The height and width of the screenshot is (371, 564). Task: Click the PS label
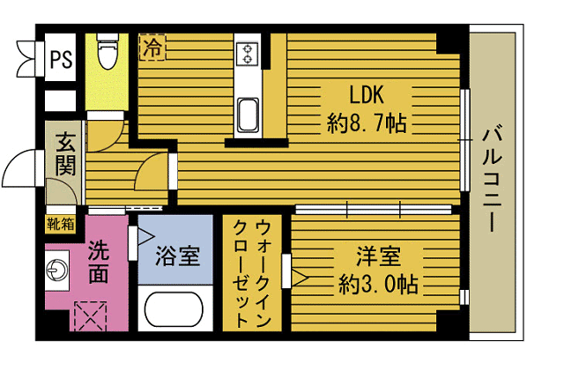click(x=61, y=59)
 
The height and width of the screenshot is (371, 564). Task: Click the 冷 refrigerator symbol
click(x=152, y=47)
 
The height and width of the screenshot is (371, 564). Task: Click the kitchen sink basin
click(x=248, y=114)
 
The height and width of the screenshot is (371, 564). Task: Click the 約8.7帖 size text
click(x=367, y=123)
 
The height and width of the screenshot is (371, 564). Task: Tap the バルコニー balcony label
click(x=493, y=181)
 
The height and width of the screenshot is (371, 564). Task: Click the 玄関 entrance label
click(x=65, y=153)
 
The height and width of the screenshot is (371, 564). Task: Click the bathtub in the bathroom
click(x=176, y=311)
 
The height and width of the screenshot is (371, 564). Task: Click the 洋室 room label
click(x=379, y=256)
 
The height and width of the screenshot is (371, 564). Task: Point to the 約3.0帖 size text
click(x=379, y=284)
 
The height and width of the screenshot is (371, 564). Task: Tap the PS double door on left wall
click(x=26, y=58)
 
